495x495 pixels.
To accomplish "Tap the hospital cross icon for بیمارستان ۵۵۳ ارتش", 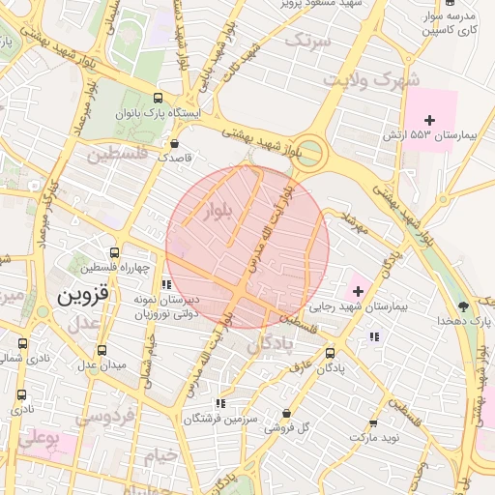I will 430,120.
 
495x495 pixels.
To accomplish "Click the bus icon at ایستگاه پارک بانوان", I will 159,99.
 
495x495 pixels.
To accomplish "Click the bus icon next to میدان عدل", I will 102,351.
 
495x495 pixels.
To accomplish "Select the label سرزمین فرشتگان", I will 223,420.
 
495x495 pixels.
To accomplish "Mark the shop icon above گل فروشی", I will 286,413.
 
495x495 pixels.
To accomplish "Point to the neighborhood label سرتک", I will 308,41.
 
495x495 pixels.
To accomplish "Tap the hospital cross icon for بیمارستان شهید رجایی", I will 358,290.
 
